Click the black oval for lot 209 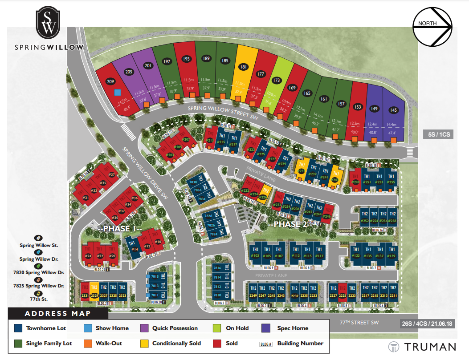[x=110, y=81]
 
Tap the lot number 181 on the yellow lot [x=243, y=67]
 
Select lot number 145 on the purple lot [x=393, y=110]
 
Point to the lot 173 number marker [x=277, y=81]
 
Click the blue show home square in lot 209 [x=117, y=93]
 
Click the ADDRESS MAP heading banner [x=58, y=314]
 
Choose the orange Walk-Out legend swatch [x=87, y=343]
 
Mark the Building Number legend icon [x=265, y=344]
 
